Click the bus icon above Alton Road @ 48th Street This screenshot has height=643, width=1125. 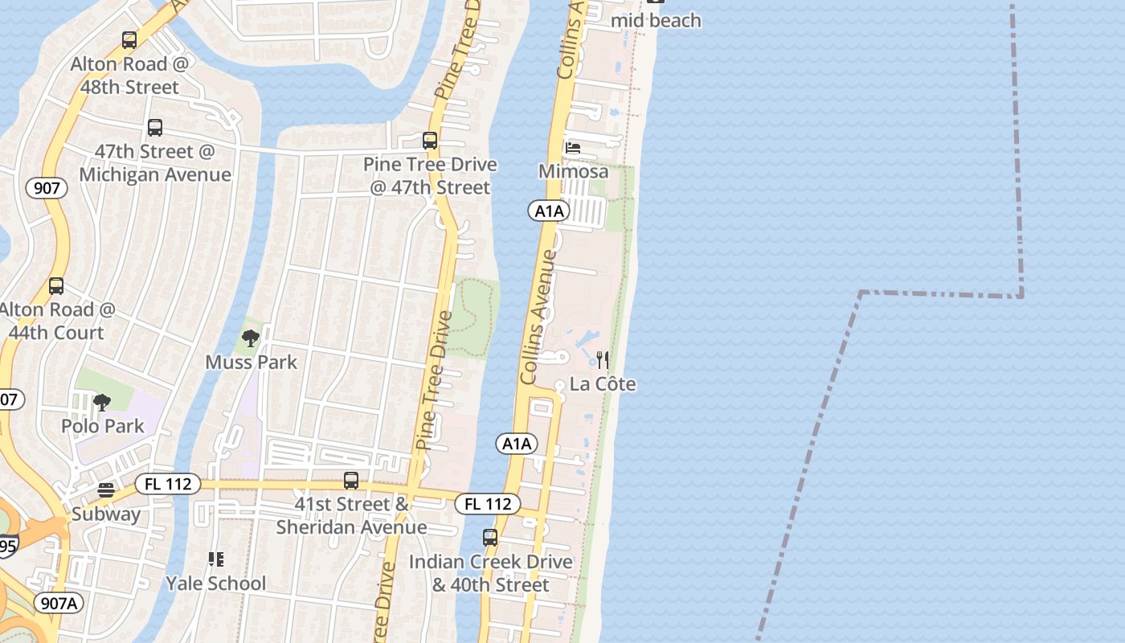pos(129,40)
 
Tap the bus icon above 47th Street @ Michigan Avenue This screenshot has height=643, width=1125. pos(155,128)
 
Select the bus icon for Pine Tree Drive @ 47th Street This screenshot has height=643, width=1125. pos(430,141)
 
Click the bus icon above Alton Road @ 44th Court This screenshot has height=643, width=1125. pos(56,286)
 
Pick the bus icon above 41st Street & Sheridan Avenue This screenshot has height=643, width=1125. pos(351,481)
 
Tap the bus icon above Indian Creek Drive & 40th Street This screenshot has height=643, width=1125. pos(490,538)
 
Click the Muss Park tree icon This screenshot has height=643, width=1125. pos(251,338)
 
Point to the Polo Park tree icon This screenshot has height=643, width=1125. pos(102,402)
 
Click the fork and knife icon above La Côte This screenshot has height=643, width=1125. pos(603,359)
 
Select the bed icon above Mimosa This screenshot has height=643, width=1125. pos(573,147)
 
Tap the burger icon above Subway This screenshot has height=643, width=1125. pos(106,489)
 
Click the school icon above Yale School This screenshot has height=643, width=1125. pos(215,559)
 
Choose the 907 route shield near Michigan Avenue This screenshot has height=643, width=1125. pos(47,189)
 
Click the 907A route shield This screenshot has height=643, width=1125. pos(59,603)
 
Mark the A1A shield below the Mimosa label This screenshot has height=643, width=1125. pos(549,211)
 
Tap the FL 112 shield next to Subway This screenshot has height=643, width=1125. pos(168,484)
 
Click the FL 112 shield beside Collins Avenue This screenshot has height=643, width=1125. pos(488,504)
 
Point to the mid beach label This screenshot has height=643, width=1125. pos(656,21)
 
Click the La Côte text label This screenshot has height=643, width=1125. pos(603,384)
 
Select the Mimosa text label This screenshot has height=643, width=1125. pos(573,171)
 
